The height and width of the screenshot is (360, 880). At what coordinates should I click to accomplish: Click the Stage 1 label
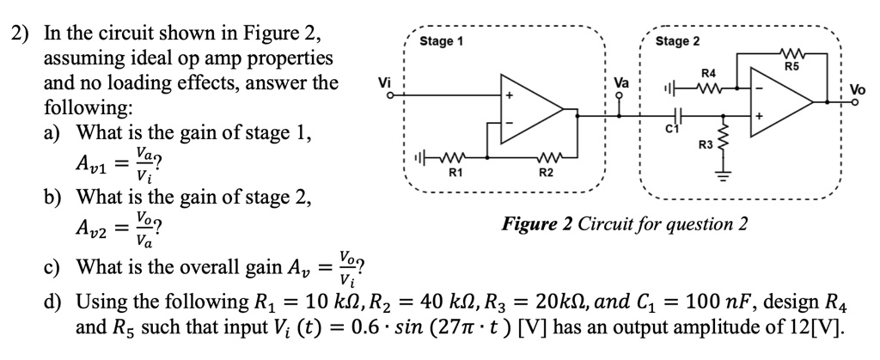(441, 41)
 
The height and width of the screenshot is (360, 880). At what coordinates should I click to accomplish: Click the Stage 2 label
(677, 41)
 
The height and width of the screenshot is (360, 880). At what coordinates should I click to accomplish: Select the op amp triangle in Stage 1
(530, 109)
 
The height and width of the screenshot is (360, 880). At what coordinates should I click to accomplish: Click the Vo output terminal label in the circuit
(859, 88)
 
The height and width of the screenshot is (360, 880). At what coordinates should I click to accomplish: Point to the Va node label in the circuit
(621, 84)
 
